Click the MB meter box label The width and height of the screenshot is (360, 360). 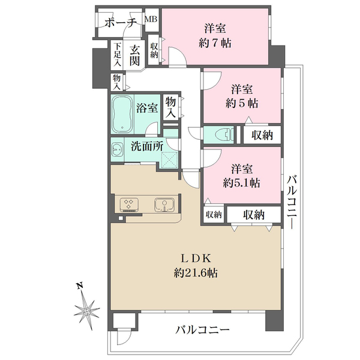(x=151, y=19)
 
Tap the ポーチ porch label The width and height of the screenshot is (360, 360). (x=121, y=23)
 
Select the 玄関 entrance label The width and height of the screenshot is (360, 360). (x=134, y=55)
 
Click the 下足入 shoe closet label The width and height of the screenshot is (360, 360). (x=118, y=55)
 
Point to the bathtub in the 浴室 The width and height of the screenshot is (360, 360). (x=122, y=115)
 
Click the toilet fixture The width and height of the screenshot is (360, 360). (x=225, y=134)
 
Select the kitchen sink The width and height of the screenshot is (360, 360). (x=164, y=205)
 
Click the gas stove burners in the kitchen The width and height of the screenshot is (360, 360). (x=129, y=204)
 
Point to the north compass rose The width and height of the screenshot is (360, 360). (x=87, y=312)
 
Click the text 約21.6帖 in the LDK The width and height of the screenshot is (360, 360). (x=196, y=273)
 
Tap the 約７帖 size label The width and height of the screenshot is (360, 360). (x=215, y=43)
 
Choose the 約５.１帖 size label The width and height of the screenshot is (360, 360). (x=242, y=183)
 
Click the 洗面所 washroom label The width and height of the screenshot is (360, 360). (x=147, y=146)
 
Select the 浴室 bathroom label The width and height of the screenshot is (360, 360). (x=147, y=108)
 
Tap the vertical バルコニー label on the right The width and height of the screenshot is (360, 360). (x=292, y=202)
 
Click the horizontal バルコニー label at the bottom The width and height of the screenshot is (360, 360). (x=203, y=330)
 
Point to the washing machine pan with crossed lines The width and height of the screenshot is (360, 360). (x=170, y=160)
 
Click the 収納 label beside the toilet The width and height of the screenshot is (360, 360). (x=262, y=135)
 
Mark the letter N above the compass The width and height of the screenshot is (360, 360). (x=80, y=286)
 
